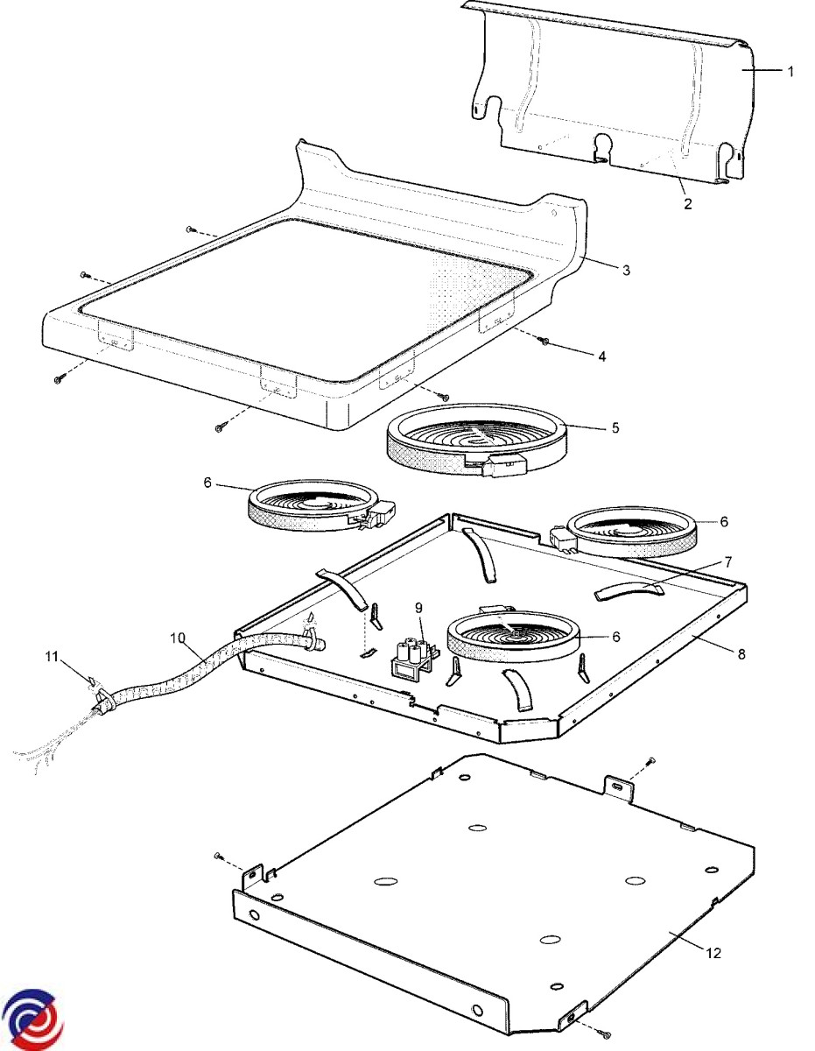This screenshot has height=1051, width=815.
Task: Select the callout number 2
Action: pos(687,203)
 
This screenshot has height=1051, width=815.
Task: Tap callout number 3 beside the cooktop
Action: pos(626,270)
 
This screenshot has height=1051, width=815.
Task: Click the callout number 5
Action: pos(615,427)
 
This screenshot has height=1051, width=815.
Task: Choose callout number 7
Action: pos(727,561)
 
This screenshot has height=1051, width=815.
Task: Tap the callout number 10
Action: pos(179,638)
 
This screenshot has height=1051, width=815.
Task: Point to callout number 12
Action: pos(713,953)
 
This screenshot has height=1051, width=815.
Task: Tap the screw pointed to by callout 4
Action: pos(544,341)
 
